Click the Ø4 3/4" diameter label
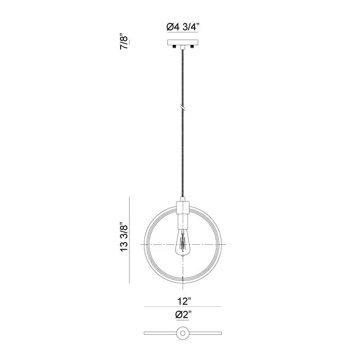click(182, 27)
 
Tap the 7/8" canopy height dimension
click(124, 42)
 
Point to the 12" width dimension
click(184, 301)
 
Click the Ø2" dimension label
click(183, 314)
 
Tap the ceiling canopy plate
click(183, 42)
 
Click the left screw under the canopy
click(174, 47)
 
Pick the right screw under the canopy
click(192, 47)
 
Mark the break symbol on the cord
click(183, 107)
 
